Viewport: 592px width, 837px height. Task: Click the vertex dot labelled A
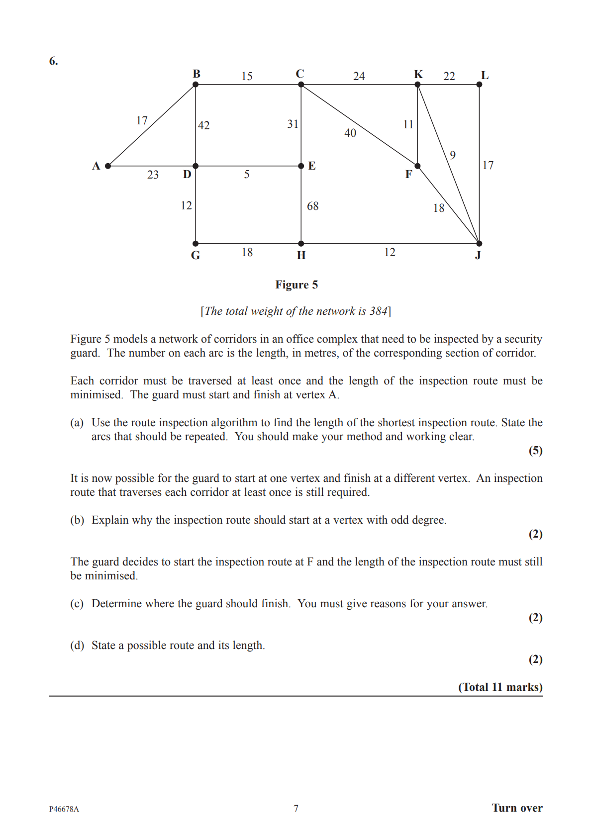(x=108, y=166)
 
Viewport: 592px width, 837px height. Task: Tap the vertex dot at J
(x=479, y=244)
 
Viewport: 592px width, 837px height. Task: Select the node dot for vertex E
(x=301, y=166)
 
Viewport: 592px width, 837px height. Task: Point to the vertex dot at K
(x=418, y=85)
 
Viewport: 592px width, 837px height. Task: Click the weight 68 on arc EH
(x=312, y=206)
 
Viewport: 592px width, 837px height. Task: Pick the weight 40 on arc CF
(x=350, y=133)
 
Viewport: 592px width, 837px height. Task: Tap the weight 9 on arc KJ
(x=453, y=155)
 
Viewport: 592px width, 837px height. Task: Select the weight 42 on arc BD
(x=204, y=125)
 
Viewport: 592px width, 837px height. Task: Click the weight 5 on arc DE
(x=247, y=175)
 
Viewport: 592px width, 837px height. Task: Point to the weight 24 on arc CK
(x=359, y=76)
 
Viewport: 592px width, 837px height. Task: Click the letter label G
(x=196, y=256)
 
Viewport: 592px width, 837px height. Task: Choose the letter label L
(x=485, y=76)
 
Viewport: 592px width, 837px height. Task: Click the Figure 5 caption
(x=296, y=285)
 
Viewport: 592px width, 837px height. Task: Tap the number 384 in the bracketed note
(x=378, y=311)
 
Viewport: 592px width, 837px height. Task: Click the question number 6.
(x=53, y=61)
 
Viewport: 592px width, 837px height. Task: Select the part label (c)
(x=77, y=604)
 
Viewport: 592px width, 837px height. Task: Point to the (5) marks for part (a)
(x=535, y=451)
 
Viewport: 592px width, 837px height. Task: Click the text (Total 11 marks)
(x=500, y=687)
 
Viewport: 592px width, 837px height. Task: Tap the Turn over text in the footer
(x=517, y=808)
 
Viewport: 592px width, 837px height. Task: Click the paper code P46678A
(x=64, y=809)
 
